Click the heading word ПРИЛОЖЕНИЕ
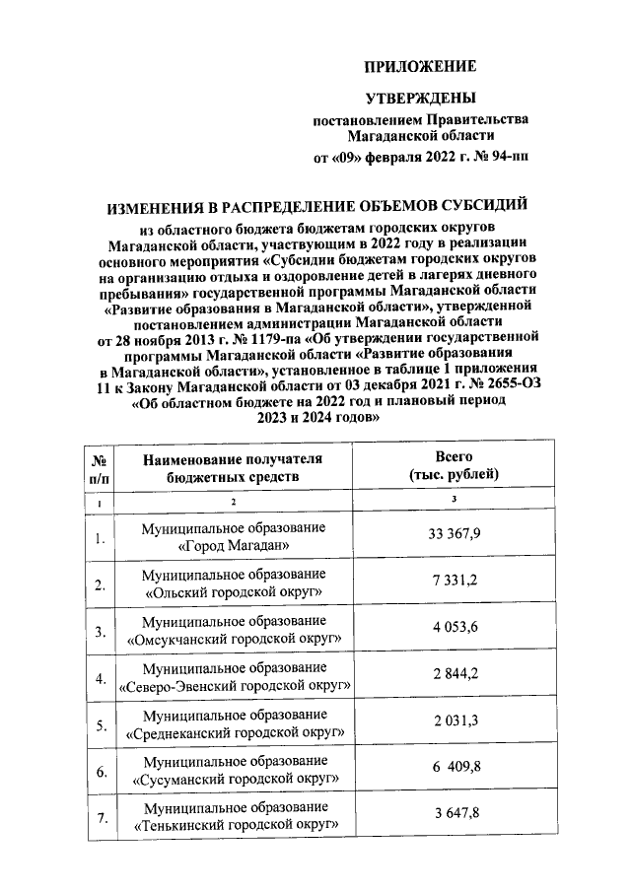(420, 67)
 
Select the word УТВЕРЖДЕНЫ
(420, 99)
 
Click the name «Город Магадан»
(233, 545)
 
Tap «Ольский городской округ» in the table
(233, 592)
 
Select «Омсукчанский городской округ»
(233, 639)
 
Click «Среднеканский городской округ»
(233, 733)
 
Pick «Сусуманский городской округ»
(233, 780)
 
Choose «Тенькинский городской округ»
(233, 825)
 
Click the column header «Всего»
(455, 457)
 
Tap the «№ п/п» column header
(99, 466)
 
